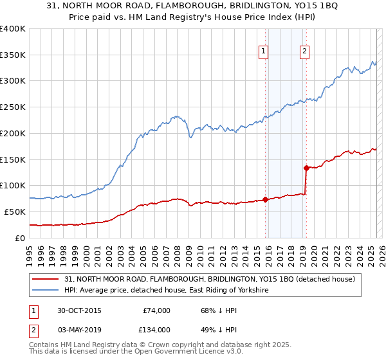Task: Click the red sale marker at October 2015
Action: (x=265, y=199)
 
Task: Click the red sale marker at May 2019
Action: (x=306, y=168)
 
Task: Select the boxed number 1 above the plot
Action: (x=264, y=53)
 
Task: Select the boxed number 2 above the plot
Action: (x=304, y=53)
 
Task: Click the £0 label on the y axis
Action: (x=21, y=238)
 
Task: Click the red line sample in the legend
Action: (x=46, y=279)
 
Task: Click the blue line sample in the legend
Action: (x=46, y=291)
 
